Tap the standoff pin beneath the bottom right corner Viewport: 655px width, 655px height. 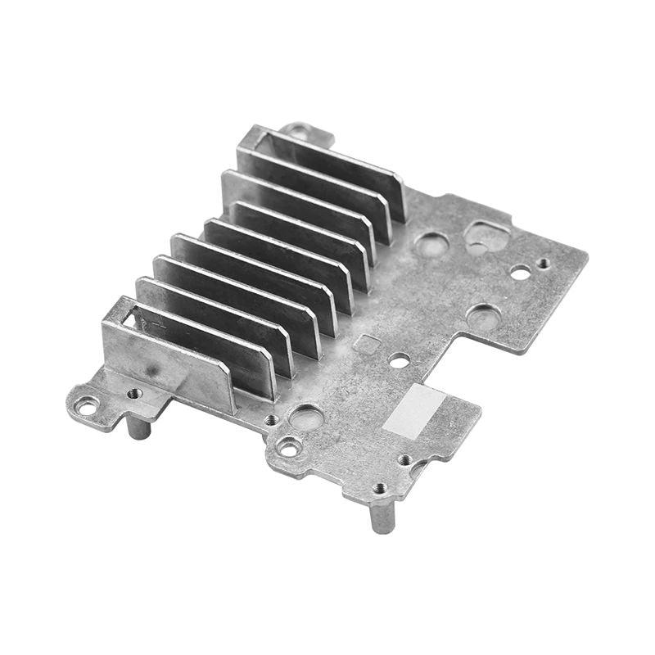point(382,516)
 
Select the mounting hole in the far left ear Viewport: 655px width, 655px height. point(85,404)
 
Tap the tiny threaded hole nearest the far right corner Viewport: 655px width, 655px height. point(544,264)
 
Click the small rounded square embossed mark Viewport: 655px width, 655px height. point(370,344)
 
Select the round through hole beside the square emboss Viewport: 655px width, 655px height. point(399,359)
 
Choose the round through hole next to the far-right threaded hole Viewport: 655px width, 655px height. point(520,273)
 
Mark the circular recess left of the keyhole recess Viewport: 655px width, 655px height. point(431,243)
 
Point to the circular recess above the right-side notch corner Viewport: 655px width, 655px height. point(483,316)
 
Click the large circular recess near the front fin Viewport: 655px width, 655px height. point(305,416)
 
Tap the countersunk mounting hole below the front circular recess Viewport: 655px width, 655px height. point(289,448)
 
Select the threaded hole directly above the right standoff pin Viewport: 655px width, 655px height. point(379,488)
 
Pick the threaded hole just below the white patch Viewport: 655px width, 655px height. point(404,459)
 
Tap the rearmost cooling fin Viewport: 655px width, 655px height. point(327,168)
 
